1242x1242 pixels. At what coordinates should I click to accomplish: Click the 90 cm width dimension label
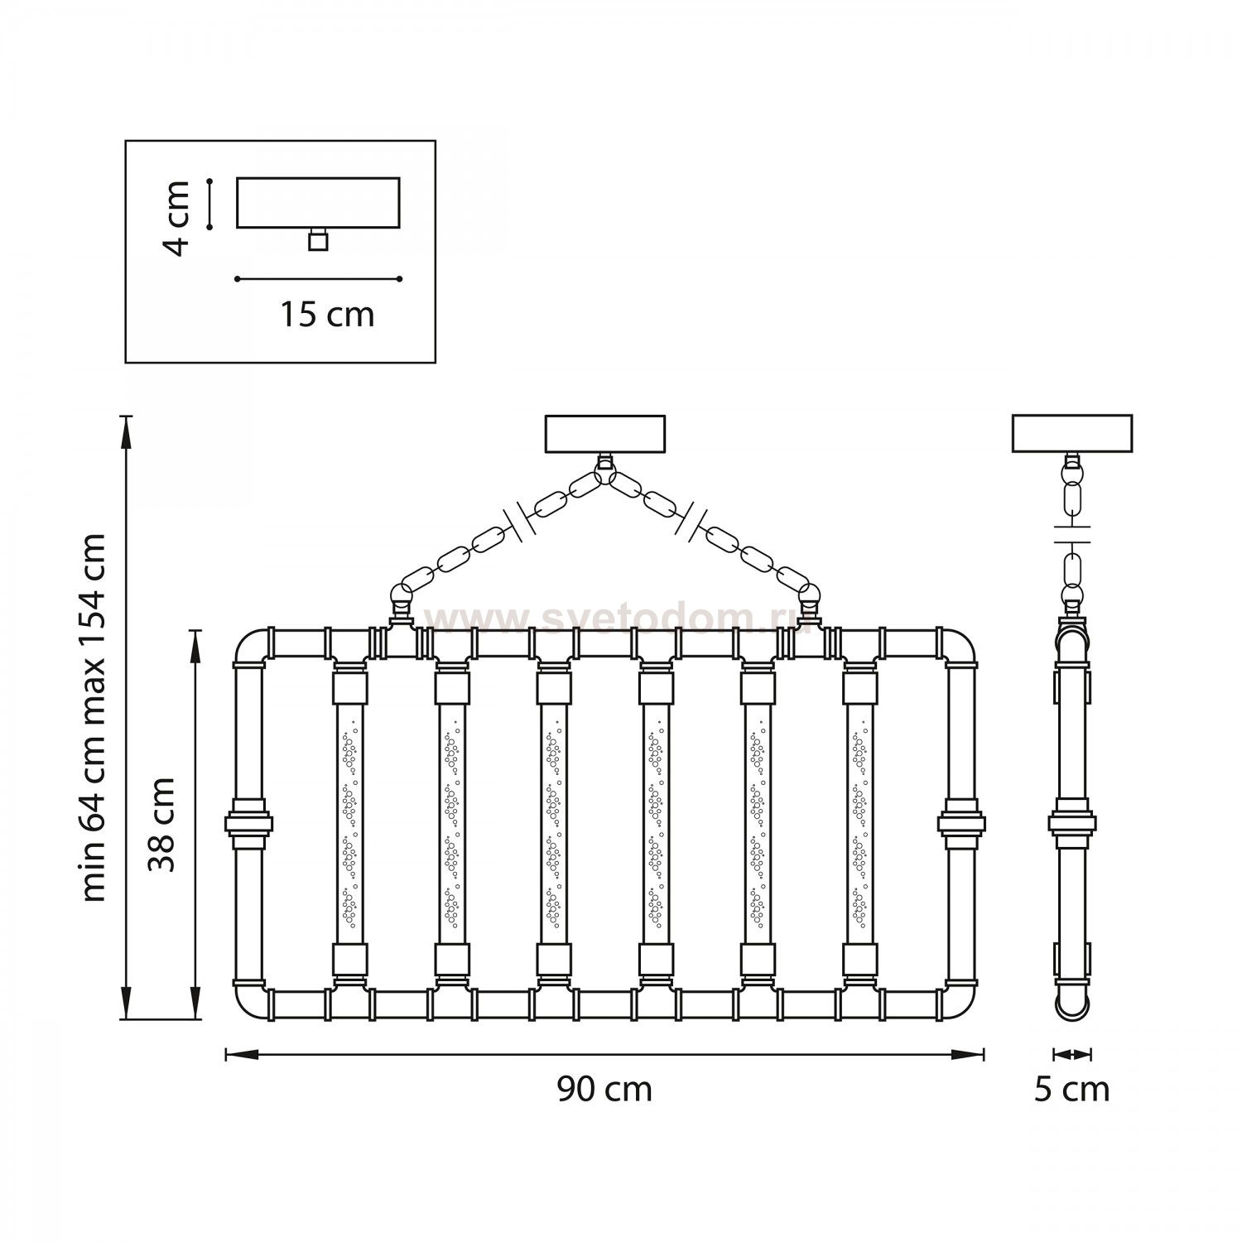point(604,1089)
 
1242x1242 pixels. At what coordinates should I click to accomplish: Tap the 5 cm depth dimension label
point(1071,1089)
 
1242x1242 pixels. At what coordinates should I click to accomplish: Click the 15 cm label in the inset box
point(326,315)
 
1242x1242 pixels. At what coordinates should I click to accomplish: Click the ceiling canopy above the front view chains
point(605,434)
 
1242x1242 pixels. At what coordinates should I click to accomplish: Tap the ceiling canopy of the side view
point(1071,434)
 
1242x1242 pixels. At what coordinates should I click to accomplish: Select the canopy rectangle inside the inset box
point(318,202)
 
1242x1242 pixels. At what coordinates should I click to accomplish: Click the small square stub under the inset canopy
point(317,240)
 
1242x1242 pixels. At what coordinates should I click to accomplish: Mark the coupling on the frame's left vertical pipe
point(248,823)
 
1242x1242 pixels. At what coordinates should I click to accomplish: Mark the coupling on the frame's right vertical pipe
point(961,823)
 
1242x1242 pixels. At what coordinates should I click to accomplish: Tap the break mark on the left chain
point(522,519)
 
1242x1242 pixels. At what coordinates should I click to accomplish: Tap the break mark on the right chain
point(691,519)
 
